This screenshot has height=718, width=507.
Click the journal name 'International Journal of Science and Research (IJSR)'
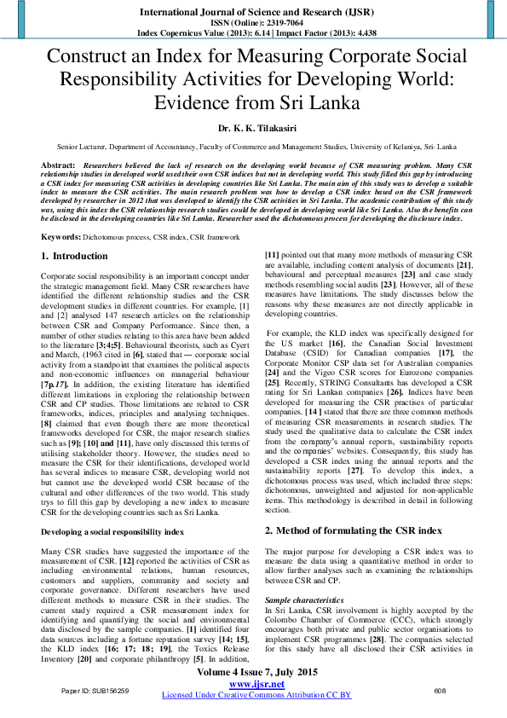click(253, 12)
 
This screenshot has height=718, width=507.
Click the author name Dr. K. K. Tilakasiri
click(253, 128)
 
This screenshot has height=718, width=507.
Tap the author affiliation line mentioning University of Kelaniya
click(253, 147)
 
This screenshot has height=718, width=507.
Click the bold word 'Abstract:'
click(58, 163)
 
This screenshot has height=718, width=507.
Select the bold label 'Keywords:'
click(61, 235)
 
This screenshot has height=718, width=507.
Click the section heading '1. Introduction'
click(74, 256)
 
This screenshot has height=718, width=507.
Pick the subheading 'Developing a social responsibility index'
click(112, 532)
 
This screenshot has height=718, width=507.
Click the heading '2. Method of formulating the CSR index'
click(353, 530)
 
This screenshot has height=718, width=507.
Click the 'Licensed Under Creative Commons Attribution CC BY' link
click(256, 696)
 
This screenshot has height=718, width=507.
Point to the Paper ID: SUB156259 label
click(95, 691)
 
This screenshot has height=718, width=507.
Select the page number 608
click(441, 691)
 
